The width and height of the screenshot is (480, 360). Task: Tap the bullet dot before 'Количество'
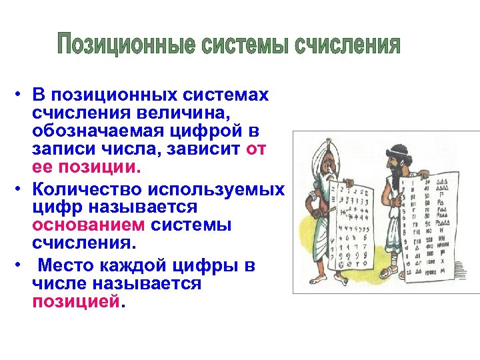tap(21, 190)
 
